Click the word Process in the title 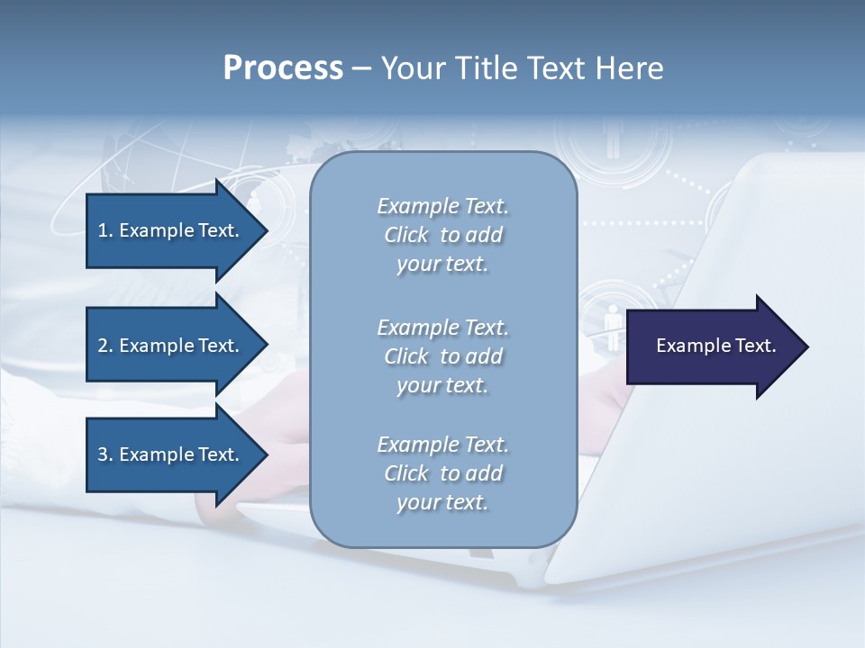tap(283, 68)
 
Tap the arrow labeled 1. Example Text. tap(171, 230)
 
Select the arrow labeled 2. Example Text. tap(171, 346)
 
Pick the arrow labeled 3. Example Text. tap(171, 454)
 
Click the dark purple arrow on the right tap(712, 346)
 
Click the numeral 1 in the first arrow tap(103, 230)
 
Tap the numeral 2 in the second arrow tap(103, 346)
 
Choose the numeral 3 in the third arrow tap(103, 454)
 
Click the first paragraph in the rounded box tap(442, 235)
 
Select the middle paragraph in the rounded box tap(442, 356)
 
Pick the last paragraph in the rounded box tap(442, 473)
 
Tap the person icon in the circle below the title tap(614, 140)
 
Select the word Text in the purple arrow tap(756, 346)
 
